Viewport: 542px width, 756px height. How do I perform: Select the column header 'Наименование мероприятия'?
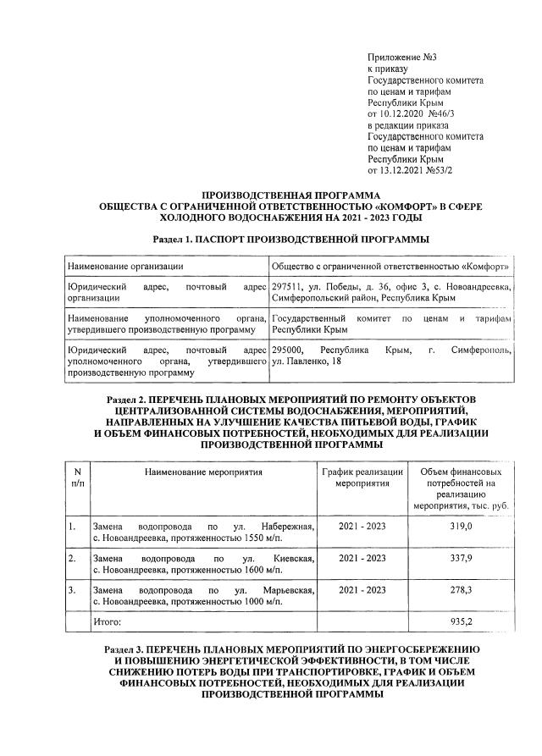point(203,471)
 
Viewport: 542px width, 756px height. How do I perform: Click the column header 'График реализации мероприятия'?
point(362,477)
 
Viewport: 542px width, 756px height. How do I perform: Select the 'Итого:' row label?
point(107,621)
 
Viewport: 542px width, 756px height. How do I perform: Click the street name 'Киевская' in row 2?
point(294,558)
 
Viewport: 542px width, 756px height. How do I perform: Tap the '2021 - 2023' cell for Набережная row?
point(362,527)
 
